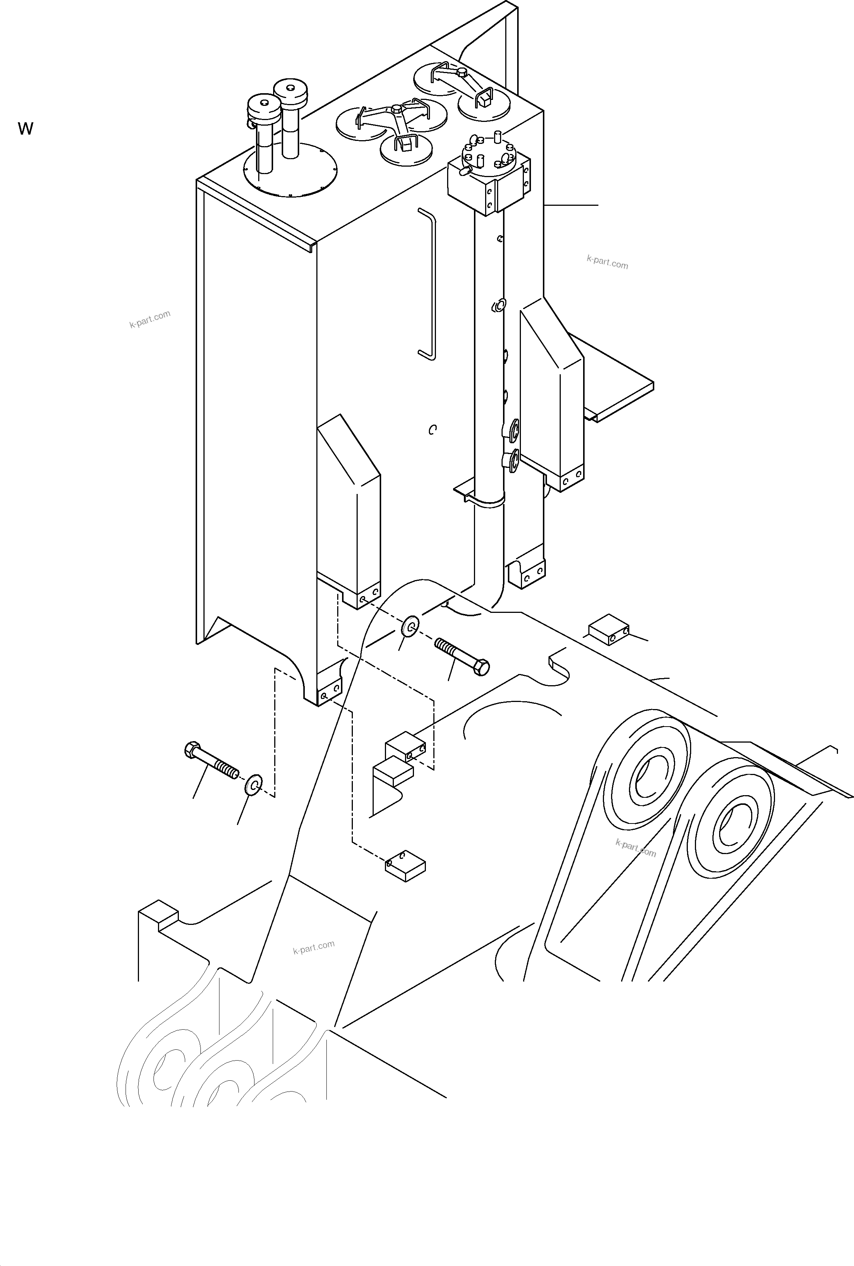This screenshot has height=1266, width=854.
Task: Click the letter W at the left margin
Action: pyautogui.click(x=26, y=129)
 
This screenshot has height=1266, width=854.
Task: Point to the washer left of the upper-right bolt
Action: pyautogui.click(x=410, y=626)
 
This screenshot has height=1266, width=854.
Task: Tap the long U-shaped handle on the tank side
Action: pyautogui.click(x=428, y=283)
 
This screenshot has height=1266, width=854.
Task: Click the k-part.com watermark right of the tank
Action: pyautogui.click(x=607, y=262)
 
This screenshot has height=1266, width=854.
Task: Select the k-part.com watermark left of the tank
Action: pyautogui.click(x=150, y=319)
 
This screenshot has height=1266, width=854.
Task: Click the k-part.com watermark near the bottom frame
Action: pyautogui.click(x=314, y=948)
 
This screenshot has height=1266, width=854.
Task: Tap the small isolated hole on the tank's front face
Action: pyautogui.click(x=433, y=430)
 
